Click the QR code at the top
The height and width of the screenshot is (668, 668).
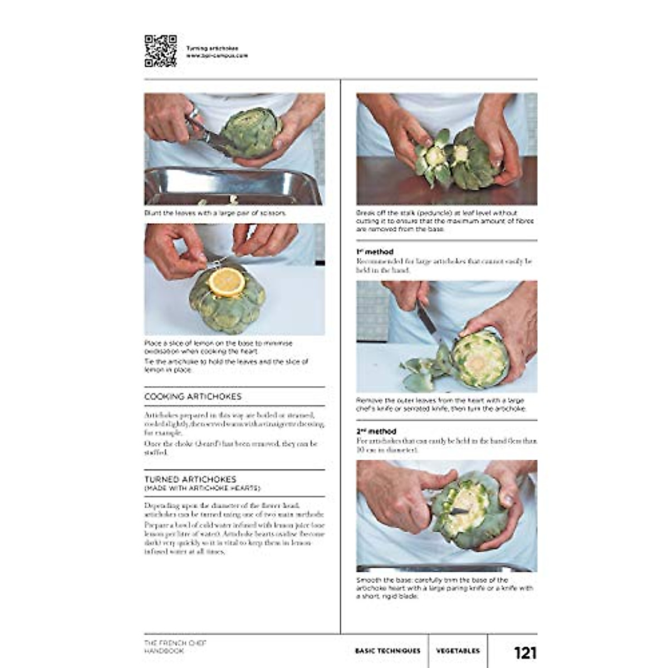click(160, 51)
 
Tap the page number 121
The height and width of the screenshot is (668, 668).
click(524, 652)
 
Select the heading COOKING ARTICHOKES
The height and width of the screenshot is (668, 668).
click(193, 397)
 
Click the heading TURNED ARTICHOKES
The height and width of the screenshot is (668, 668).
click(190, 479)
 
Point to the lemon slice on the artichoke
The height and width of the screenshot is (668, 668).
click(227, 282)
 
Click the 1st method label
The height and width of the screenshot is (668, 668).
click(375, 252)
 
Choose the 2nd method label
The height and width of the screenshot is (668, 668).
click(376, 431)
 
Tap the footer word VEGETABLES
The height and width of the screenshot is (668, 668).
click(458, 651)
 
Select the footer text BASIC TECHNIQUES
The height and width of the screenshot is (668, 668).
click(387, 651)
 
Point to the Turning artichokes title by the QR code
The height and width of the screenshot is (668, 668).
click(212, 48)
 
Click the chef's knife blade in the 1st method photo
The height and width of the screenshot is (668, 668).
click(426, 323)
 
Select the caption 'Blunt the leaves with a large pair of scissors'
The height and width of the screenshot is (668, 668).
click(215, 213)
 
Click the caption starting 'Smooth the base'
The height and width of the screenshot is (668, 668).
click(444, 588)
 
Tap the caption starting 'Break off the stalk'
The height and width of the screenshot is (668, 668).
click(444, 221)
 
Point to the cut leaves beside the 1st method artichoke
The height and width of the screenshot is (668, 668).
click(423, 369)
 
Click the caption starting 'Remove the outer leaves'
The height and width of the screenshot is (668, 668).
click(440, 405)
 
